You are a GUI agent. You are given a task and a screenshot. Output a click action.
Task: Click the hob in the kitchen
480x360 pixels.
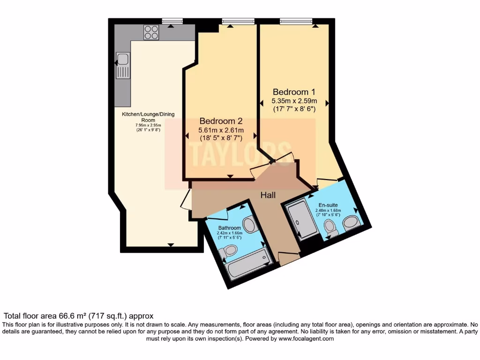point(151,32)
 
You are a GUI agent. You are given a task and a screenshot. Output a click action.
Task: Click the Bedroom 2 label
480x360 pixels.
point(221,121)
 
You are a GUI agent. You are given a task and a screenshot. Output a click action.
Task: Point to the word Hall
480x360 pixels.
point(268,195)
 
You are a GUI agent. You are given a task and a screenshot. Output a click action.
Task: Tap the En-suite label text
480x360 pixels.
point(328,205)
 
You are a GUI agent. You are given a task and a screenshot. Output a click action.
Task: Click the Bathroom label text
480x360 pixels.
point(229,228)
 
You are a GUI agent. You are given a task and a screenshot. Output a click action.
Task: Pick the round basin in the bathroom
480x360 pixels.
point(249,225)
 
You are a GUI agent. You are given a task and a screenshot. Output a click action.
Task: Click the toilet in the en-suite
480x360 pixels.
point(331,228)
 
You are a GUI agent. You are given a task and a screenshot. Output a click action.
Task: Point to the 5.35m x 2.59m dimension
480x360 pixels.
point(294,101)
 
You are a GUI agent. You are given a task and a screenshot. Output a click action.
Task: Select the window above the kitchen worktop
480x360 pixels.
point(171,21)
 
